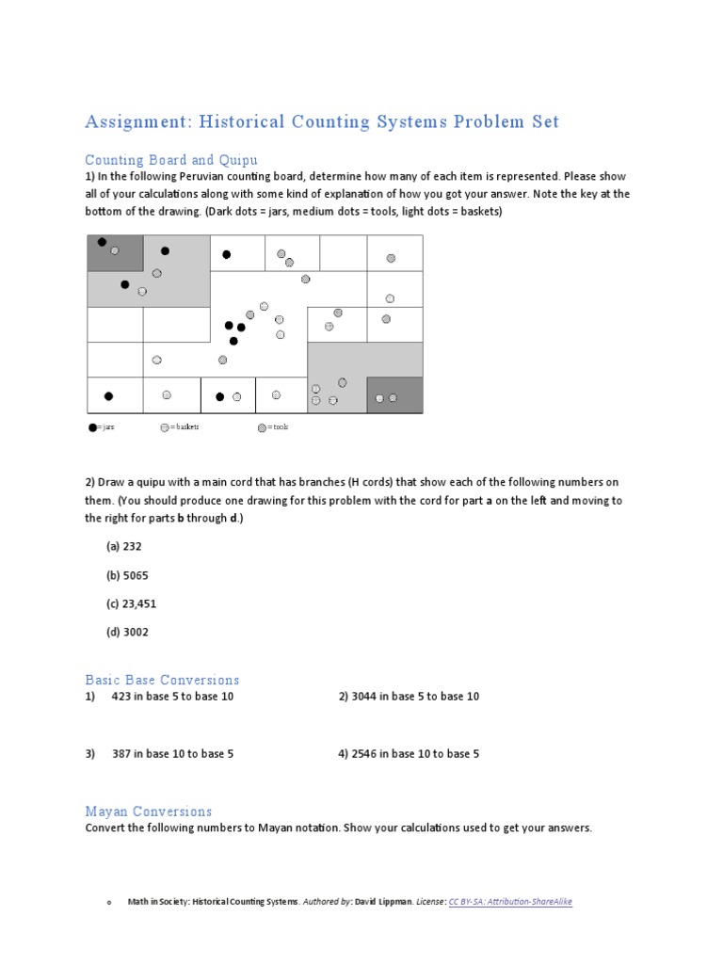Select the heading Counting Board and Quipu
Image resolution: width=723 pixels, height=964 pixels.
[170, 160]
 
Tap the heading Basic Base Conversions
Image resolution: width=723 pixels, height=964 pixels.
[162, 680]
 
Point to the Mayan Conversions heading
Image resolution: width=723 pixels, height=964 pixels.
[148, 811]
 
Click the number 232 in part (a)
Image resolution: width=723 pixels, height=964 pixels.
[132, 546]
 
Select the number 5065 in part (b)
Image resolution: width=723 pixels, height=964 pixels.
[136, 575]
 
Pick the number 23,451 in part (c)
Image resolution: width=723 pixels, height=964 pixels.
[139, 603]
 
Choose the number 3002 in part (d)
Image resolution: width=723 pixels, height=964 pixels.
[136, 633]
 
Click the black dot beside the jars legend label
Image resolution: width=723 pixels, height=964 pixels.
[92, 427]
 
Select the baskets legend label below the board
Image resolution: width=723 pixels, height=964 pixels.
[185, 427]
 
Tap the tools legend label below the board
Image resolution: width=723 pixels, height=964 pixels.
[279, 427]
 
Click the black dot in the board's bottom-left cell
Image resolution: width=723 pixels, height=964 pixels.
[108, 396]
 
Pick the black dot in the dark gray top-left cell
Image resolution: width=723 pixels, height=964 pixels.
[102, 242]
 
